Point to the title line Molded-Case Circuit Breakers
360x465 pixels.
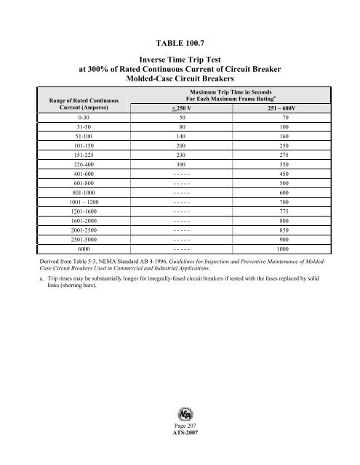[x=180, y=78]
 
